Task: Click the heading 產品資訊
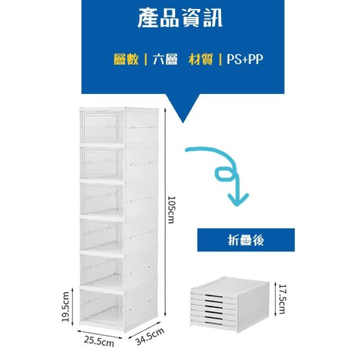point(180,19)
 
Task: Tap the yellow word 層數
point(126,60)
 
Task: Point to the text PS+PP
point(245,60)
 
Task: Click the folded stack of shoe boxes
point(229,304)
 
